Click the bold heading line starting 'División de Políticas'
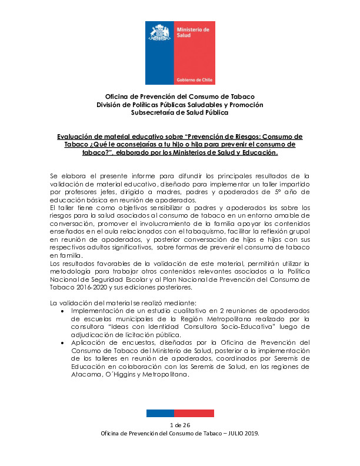[x=179, y=104]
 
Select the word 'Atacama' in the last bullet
[x=86, y=375]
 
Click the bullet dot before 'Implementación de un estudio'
[x=63, y=310]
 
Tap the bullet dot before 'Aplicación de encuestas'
[x=63, y=342]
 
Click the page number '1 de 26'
[x=179, y=425]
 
